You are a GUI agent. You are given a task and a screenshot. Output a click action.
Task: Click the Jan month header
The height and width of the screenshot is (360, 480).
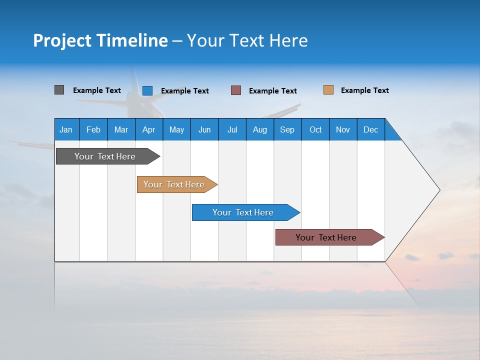66,129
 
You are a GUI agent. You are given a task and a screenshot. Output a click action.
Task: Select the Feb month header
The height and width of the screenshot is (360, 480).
93,129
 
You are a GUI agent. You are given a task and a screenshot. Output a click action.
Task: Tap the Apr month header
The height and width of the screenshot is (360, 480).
148,129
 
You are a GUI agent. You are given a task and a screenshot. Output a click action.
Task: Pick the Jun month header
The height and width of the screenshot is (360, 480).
204,129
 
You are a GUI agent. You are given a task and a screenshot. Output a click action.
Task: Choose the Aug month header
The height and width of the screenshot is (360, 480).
259,129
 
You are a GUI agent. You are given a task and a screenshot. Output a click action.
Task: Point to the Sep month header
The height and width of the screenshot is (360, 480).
287,129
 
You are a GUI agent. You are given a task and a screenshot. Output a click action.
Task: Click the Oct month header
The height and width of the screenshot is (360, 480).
315,129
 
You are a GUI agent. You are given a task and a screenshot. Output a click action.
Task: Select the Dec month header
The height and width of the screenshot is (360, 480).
370,129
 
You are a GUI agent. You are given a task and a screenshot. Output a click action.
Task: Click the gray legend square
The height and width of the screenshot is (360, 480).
59,90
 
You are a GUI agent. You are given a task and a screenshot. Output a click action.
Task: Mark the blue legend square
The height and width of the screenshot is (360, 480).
147,90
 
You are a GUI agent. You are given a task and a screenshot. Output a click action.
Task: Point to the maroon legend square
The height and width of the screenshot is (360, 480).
236,90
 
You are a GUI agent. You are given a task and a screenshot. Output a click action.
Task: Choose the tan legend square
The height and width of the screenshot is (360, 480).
328,90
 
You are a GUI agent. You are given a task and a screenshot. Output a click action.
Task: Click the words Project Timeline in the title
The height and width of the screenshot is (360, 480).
100,40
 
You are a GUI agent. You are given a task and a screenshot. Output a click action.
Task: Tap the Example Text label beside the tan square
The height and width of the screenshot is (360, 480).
364,90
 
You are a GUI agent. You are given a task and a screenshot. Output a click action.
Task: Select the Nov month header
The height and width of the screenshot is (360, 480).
343,129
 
